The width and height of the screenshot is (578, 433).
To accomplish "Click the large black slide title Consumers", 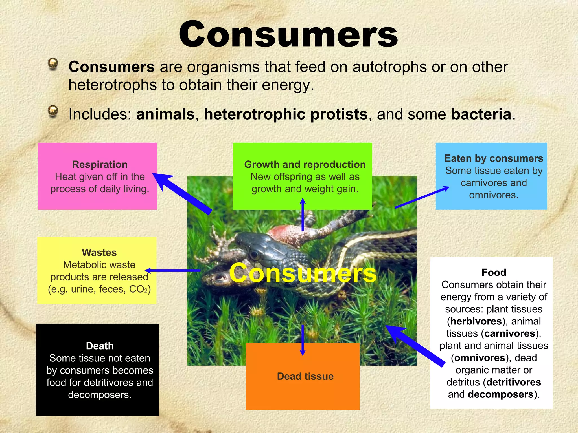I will [288, 34].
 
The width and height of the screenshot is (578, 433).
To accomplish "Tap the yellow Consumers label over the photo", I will [303, 273].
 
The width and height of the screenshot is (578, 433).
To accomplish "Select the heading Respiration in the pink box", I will [100, 164].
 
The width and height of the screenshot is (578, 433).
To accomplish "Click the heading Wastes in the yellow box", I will [99, 252].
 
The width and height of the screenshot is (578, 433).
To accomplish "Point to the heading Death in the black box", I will [100, 346].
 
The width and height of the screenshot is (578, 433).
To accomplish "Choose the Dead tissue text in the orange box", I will [305, 376].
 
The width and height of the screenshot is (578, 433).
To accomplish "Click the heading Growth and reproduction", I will [305, 164].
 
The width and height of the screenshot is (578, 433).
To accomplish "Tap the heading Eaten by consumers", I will [494, 158].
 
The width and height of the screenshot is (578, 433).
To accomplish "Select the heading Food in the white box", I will [494, 272].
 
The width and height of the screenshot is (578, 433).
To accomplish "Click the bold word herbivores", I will [476, 321].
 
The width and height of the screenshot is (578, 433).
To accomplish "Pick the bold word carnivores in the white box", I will [510, 333].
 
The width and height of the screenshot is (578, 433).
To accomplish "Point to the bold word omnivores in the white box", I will [480, 358].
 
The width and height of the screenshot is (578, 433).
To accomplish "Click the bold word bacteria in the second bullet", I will [481, 114].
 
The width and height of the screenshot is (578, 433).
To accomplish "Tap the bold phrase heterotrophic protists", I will [286, 114].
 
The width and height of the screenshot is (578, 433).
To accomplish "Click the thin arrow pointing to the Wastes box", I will [173, 271].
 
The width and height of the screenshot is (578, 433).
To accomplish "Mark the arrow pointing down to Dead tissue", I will [303, 340].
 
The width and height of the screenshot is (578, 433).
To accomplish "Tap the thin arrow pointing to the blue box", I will [422, 197].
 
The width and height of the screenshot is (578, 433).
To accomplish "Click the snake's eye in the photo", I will [255, 255].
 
